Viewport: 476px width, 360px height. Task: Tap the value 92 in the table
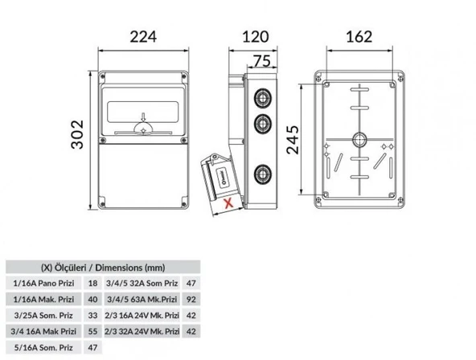191,299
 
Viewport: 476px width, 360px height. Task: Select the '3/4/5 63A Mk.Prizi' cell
142,299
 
